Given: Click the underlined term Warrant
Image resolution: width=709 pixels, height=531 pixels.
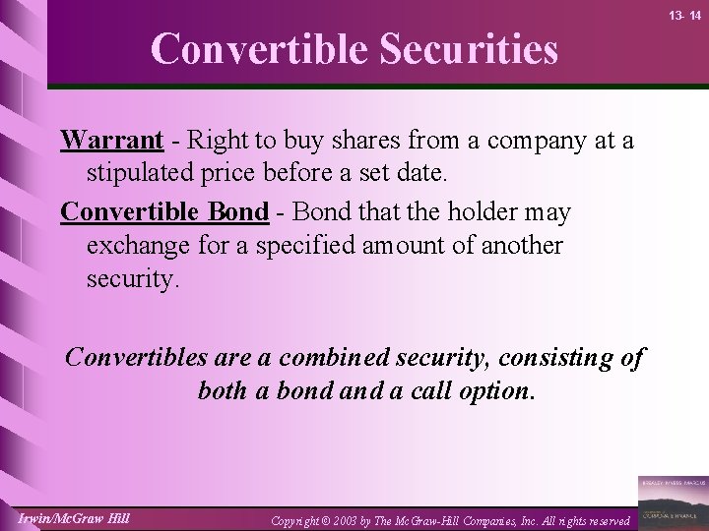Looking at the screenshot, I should point(110,141).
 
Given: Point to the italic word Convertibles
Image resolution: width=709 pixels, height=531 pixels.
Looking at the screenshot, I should point(137,358).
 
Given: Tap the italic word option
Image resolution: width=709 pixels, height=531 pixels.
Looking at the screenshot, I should point(494,390).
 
